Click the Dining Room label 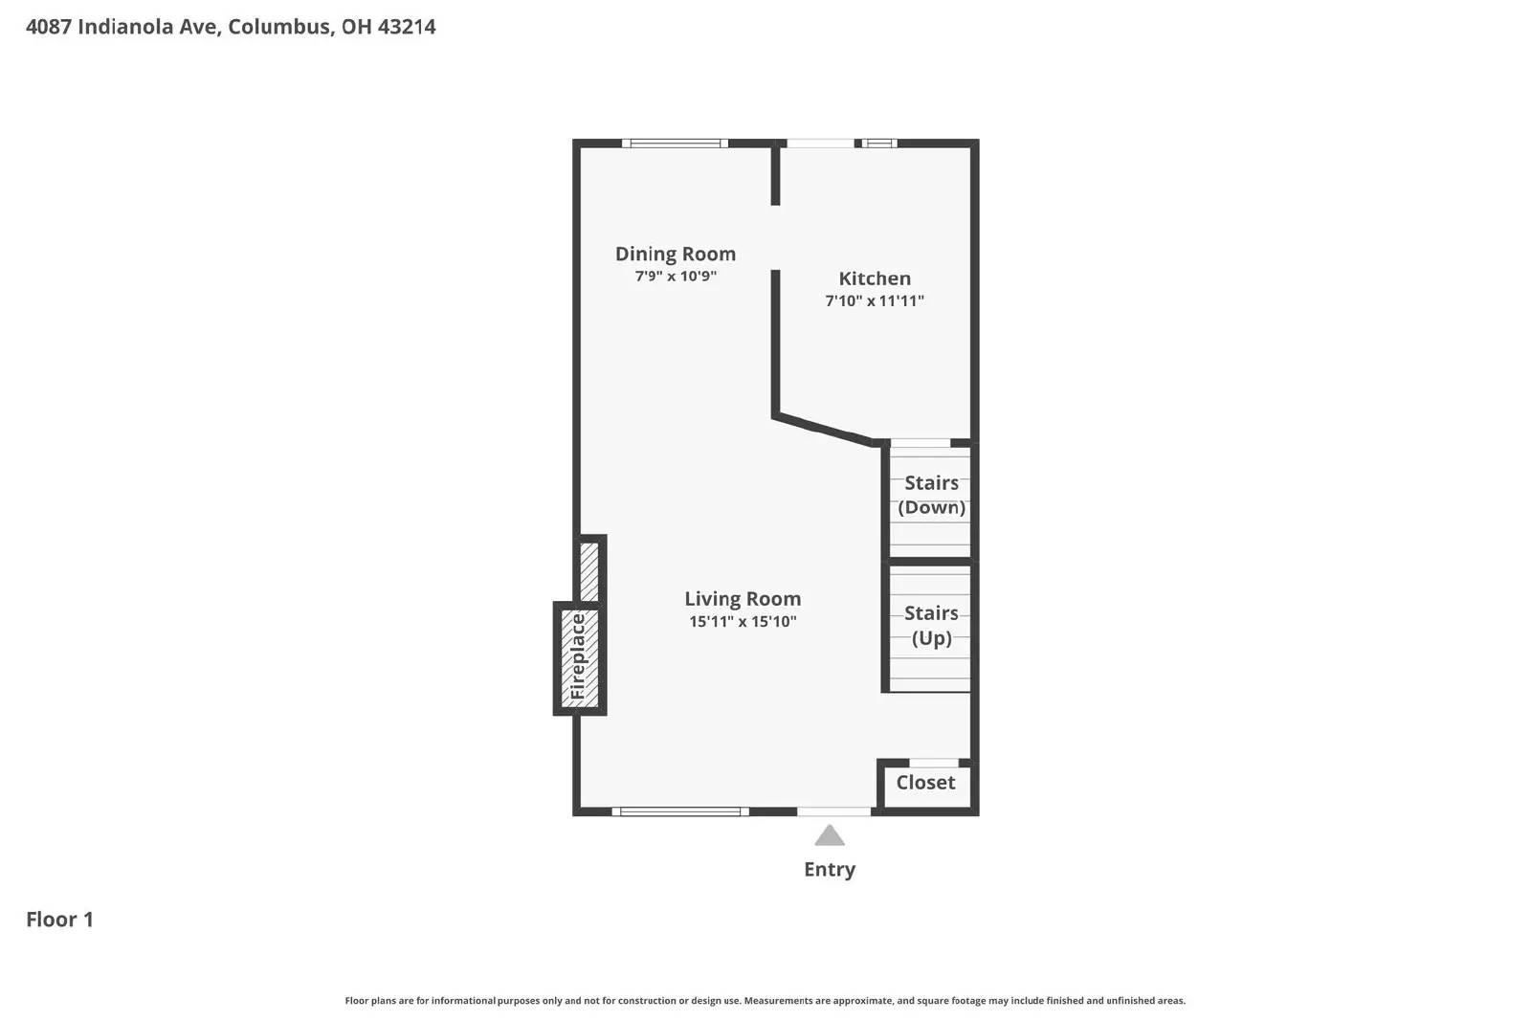[x=675, y=254]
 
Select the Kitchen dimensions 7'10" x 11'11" [x=875, y=300]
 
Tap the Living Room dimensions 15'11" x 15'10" [x=743, y=622]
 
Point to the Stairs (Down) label [x=931, y=495]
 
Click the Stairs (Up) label [x=931, y=625]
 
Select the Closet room [x=925, y=783]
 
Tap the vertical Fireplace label [x=578, y=657]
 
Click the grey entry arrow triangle [x=830, y=837]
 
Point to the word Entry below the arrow [x=830, y=869]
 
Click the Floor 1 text [x=59, y=920]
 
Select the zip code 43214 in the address [x=407, y=27]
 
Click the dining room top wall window [x=675, y=144]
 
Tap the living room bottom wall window [x=679, y=811]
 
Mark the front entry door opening [x=833, y=811]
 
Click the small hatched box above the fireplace [x=589, y=570]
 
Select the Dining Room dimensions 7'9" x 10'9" [x=676, y=277]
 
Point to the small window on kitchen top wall [x=878, y=144]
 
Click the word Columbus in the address [x=280, y=27]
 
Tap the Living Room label [x=743, y=599]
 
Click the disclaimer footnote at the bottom [x=765, y=1001]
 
